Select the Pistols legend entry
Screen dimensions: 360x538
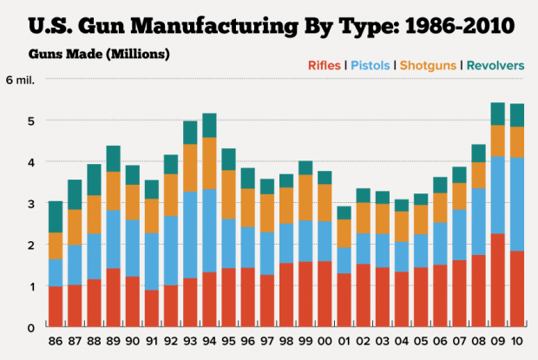pyautogui.click(x=368, y=65)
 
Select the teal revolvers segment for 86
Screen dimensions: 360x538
pyautogui.click(x=56, y=217)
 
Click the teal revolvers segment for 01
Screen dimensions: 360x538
pyautogui.click(x=344, y=213)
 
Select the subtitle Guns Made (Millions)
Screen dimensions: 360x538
pyautogui.click(x=99, y=53)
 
